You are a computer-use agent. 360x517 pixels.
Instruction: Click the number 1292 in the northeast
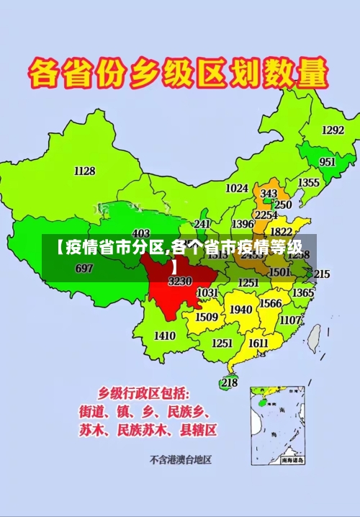point(333,130)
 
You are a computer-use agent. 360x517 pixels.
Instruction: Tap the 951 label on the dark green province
point(328,162)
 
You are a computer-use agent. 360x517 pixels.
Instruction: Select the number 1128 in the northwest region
point(85,171)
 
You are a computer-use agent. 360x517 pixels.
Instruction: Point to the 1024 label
point(237,188)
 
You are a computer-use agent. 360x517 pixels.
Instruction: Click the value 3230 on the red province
point(179,282)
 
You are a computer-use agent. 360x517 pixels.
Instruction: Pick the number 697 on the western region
point(84,269)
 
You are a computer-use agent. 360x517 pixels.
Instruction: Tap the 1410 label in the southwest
point(165,336)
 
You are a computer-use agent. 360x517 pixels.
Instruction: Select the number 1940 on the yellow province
point(240,310)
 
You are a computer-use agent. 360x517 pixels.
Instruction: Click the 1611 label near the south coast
point(258,343)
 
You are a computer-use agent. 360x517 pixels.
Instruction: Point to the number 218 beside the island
point(229,382)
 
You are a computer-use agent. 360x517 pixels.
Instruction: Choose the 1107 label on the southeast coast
point(290,320)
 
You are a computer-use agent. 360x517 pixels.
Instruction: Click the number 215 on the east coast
point(321,274)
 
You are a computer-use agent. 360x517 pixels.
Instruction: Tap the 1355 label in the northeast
point(309,183)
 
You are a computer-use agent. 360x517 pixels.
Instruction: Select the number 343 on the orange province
point(269,194)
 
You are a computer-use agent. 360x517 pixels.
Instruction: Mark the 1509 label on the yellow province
point(207,317)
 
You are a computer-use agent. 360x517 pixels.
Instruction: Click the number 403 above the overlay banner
point(141,233)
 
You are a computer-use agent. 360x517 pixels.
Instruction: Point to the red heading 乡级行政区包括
point(144,393)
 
